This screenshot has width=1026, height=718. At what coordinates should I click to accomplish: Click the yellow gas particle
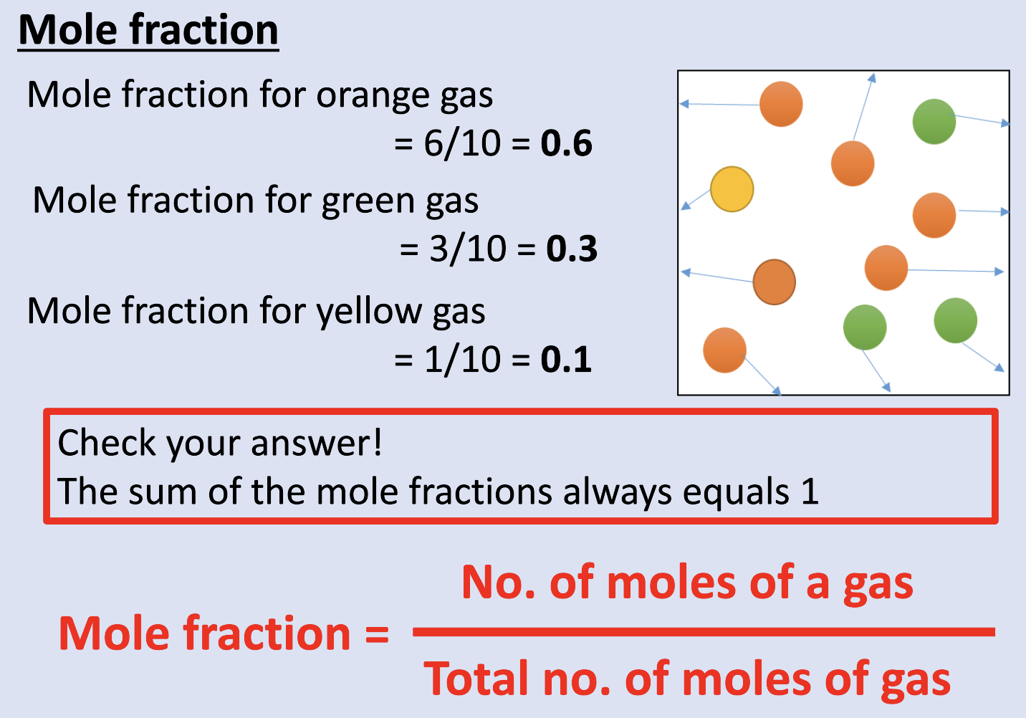pyautogui.click(x=732, y=189)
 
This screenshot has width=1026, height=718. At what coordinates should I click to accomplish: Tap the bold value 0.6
pyautogui.click(x=566, y=143)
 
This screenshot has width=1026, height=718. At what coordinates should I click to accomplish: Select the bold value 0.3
pyautogui.click(x=572, y=249)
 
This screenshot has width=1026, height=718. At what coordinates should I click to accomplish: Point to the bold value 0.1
pyautogui.click(x=566, y=359)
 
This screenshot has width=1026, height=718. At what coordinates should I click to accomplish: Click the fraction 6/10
pyautogui.click(x=462, y=143)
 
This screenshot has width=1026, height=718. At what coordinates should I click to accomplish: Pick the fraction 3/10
pyautogui.click(x=467, y=249)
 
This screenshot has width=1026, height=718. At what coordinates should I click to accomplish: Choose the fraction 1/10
pyautogui.click(x=462, y=359)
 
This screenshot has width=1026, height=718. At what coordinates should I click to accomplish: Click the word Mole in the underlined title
pyautogui.click(x=68, y=31)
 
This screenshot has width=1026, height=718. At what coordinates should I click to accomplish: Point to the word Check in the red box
pyautogui.click(x=107, y=443)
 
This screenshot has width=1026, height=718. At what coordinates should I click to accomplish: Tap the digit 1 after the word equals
pyautogui.click(x=810, y=492)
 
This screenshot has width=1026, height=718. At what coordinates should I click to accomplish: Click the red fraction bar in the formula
pyautogui.click(x=704, y=632)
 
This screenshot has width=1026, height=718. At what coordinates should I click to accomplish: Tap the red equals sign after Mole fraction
pyautogui.click(x=377, y=634)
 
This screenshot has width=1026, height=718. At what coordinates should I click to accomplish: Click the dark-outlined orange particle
pyautogui.click(x=774, y=282)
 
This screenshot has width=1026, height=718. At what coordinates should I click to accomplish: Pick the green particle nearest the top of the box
pyautogui.click(x=934, y=121)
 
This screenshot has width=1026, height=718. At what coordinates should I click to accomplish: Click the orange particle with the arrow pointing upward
pyautogui.click(x=853, y=163)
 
